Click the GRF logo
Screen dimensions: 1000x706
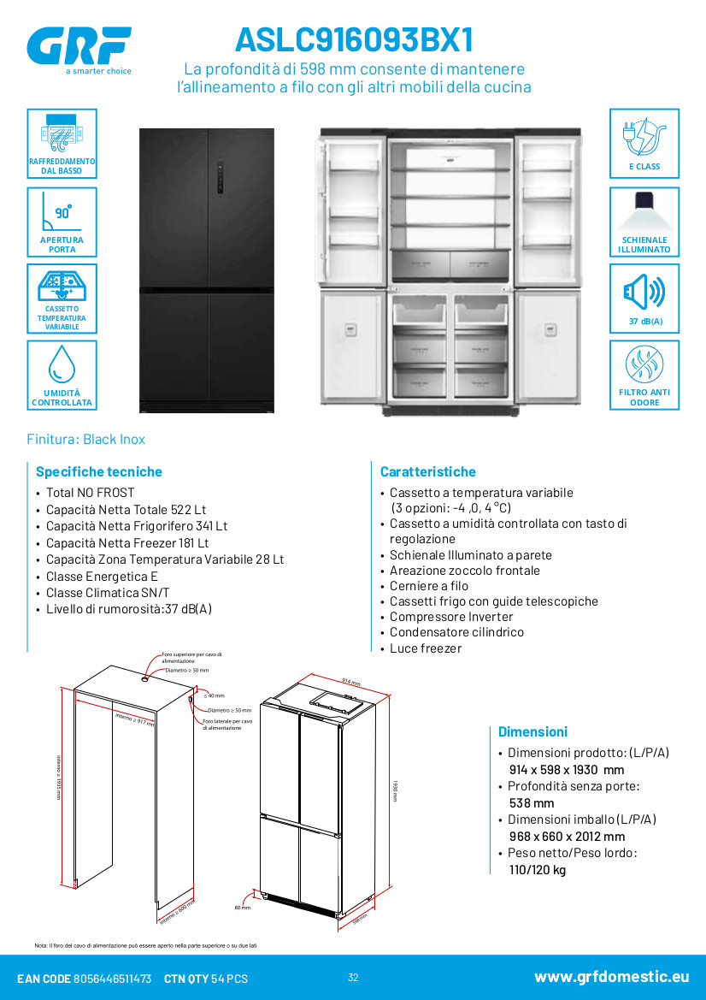pos(79,47)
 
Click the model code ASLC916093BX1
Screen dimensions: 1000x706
pos(354,40)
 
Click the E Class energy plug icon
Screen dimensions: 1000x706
pos(644,135)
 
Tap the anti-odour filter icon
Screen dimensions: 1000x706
pos(644,365)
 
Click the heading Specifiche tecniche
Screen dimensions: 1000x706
pos(98,471)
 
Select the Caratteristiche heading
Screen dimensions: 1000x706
pos(427,471)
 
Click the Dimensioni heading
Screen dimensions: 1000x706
pos(532,731)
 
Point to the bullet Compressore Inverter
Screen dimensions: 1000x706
pos(451,617)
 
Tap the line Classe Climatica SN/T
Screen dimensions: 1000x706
pos(108,593)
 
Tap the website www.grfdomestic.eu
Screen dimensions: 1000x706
pos(611,977)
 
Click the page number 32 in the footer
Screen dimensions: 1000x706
pos(353,978)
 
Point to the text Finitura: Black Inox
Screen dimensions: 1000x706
pos(86,439)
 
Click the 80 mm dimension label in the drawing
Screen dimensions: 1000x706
pos(242,908)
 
